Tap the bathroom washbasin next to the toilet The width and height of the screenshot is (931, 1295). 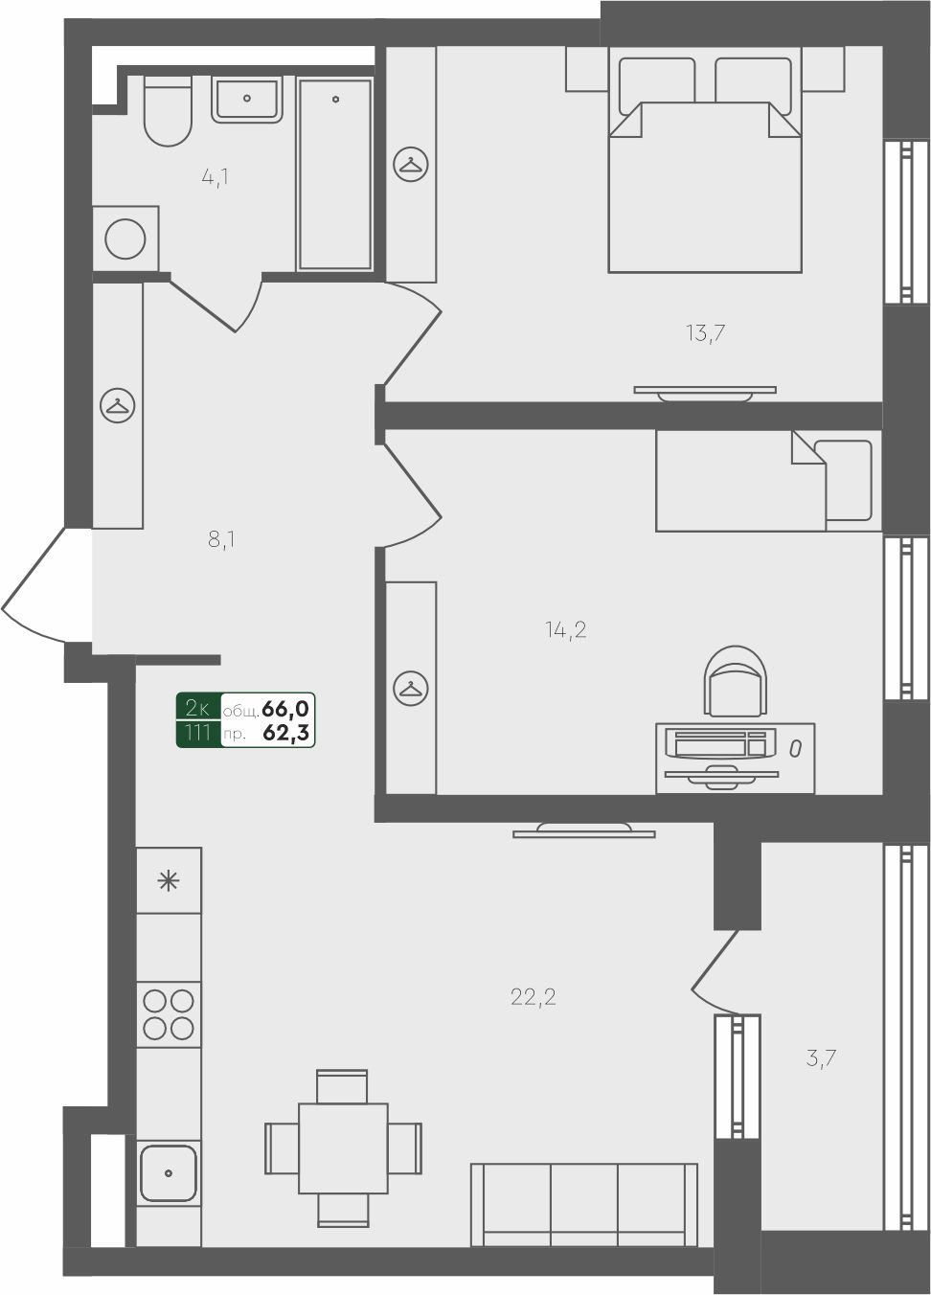[x=247, y=100]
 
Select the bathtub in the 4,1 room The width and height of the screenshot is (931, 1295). [x=335, y=174]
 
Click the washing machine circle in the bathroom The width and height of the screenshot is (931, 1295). [x=125, y=239]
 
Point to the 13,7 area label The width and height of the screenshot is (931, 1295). [x=706, y=333]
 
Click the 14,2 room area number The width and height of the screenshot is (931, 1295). [x=565, y=629]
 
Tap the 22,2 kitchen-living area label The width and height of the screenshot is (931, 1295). [x=534, y=997]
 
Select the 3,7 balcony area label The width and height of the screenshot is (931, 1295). [x=821, y=1058]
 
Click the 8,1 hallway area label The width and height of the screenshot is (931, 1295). [x=221, y=540]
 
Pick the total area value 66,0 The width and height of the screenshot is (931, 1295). [x=285, y=708]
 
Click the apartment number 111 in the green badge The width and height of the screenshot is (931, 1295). [x=197, y=733]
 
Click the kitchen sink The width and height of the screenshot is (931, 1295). [x=169, y=1173]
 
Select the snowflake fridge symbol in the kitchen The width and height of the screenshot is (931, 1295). [x=169, y=881]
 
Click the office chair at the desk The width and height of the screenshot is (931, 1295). [x=735, y=681]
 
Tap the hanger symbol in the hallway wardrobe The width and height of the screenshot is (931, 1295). [x=118, y=405]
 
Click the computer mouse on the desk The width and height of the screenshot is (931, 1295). [x=796, y=749]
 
